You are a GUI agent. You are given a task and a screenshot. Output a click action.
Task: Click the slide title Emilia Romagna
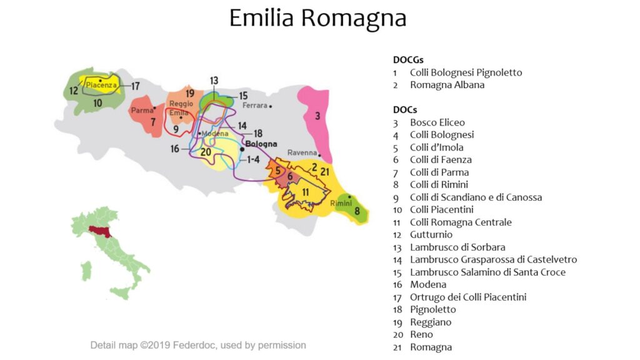click(x=317, y=17)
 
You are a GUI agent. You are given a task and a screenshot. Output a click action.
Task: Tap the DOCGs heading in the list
click(x=408, y=60)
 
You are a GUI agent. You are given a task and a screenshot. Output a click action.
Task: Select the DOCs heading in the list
click(x=404, y=110)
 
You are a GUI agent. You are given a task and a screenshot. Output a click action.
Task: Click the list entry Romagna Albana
click(x=447, y=85)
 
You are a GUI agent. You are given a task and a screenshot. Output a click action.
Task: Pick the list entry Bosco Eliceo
click(x=437, y=122)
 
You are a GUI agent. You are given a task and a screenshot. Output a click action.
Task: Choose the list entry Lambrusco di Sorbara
click(x=457, y=247)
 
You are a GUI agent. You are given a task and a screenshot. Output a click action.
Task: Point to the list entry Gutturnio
click(x=431, y=234)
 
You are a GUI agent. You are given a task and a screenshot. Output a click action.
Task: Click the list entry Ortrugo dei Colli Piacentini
click(x=467, y=297)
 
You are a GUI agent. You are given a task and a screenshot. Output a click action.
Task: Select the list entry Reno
click(x=422, y=334)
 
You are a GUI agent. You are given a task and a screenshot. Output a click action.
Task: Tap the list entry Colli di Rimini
click(x=439, y=184)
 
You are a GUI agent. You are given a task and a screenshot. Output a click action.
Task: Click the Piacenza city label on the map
click(x=101, y=85)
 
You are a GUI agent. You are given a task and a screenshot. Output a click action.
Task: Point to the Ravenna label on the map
click(x=302, y=153)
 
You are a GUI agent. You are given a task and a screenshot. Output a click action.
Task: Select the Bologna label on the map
click(x=261, y=144)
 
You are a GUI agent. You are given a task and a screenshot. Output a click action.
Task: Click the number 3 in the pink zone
click(x=317, y=116)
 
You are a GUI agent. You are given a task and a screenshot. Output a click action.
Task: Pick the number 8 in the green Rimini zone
click(x=357, y=211)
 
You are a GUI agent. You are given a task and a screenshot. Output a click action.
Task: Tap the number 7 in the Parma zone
click(x=152, y=122)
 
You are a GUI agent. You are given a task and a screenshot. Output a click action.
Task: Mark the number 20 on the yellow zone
click(x=206, y=151)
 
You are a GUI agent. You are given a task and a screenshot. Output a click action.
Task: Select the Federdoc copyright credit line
click(x=198, y=345)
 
